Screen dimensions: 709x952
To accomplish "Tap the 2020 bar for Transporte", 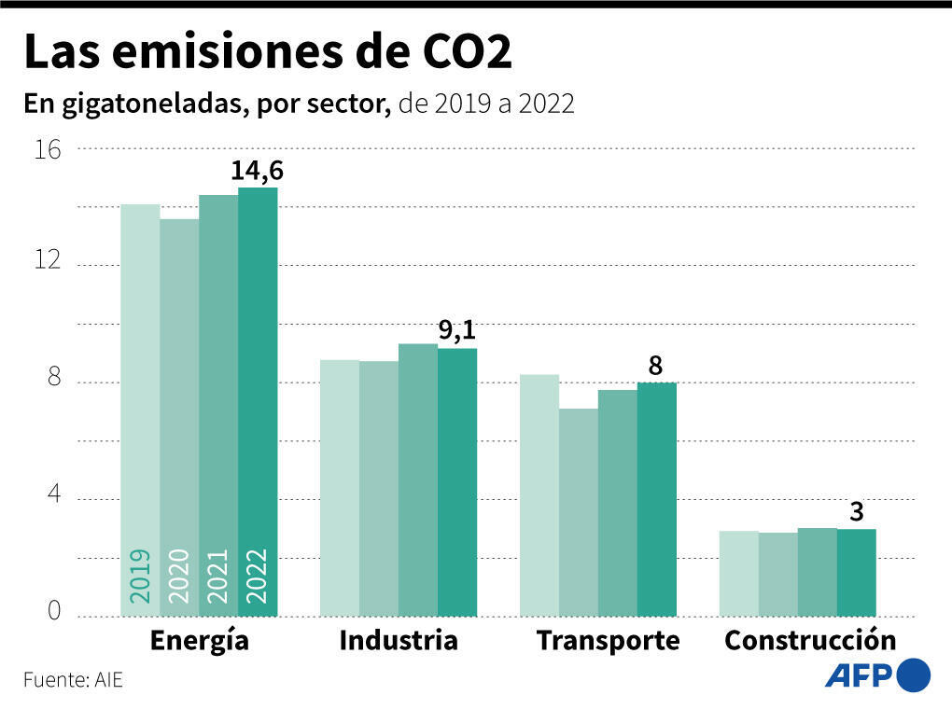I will [x=578, y=512].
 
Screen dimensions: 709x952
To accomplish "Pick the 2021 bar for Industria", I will [x=418, y=480].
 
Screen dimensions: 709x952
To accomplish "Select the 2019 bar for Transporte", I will [x=539, y=494].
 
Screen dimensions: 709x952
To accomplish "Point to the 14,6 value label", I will [x=258, y=172].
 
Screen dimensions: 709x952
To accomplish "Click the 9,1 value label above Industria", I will [x=457, y=331].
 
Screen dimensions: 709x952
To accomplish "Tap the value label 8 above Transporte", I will [x=656, y=367].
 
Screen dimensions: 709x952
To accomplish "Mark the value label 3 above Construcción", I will [x=856, y=512].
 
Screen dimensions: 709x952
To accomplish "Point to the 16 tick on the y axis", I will [x=48, y=149].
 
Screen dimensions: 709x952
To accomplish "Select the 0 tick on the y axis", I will [x=54, y=611].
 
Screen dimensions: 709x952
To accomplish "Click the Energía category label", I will [x=199, y=641].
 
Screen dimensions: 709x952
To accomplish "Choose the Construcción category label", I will [x=810, y=641].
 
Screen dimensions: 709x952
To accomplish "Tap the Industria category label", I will [x=399, y=641].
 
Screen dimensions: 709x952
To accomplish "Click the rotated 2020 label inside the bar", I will [x=179, y=575].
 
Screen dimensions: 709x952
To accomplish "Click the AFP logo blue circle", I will [x=913, y=674].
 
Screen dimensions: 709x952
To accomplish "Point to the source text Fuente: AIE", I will [x=73, y=680].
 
